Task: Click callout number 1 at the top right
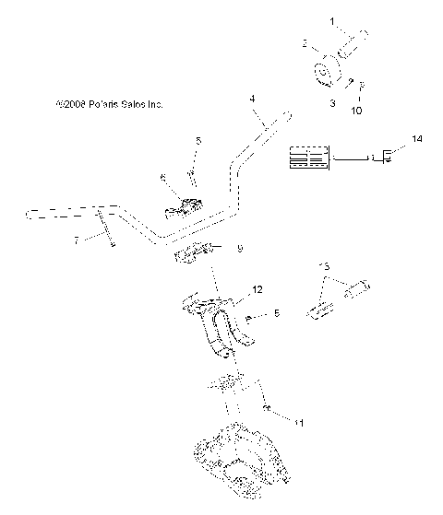334,19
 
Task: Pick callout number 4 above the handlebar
251,98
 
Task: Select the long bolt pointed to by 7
103,228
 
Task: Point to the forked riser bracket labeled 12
220,327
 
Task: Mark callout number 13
323,266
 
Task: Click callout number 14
418,139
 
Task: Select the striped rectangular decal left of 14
309,157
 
